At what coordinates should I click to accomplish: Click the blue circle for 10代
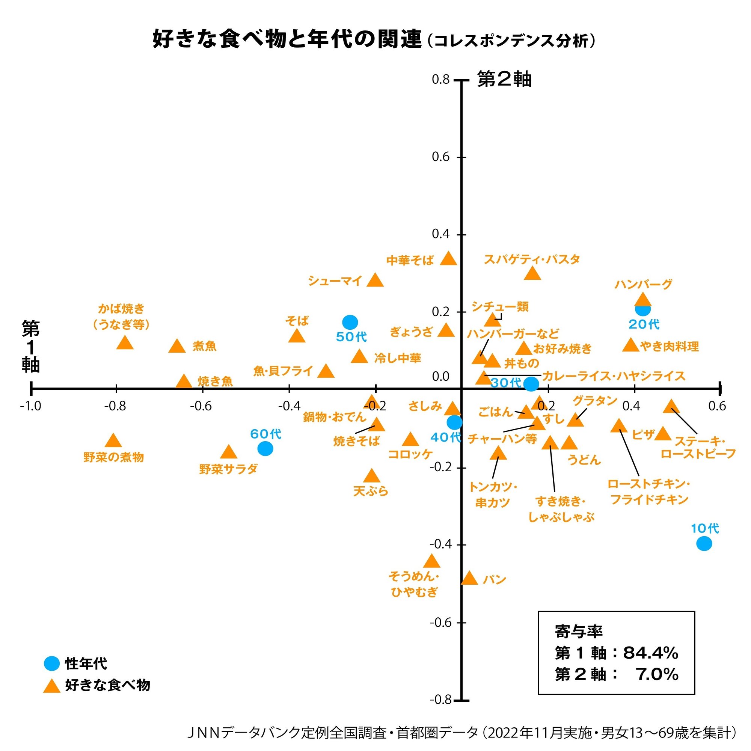(704, 543)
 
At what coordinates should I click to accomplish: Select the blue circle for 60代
(265, 449)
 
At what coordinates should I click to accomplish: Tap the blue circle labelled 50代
(350, 322)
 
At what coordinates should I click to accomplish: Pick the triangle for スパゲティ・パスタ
(532, 274)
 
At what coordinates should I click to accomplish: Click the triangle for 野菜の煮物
(113, 441)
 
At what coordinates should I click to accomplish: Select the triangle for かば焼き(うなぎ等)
(125, 343)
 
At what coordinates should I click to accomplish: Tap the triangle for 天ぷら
(372, 476)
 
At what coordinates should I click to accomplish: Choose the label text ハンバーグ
(643, 285)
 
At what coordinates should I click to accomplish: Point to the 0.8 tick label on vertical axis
(440, 79)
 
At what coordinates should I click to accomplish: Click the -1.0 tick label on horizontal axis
(30, 406)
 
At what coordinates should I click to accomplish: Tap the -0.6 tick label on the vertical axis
(440, 622)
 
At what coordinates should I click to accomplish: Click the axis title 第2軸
(504, 79)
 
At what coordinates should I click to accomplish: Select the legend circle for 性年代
(52, 664)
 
